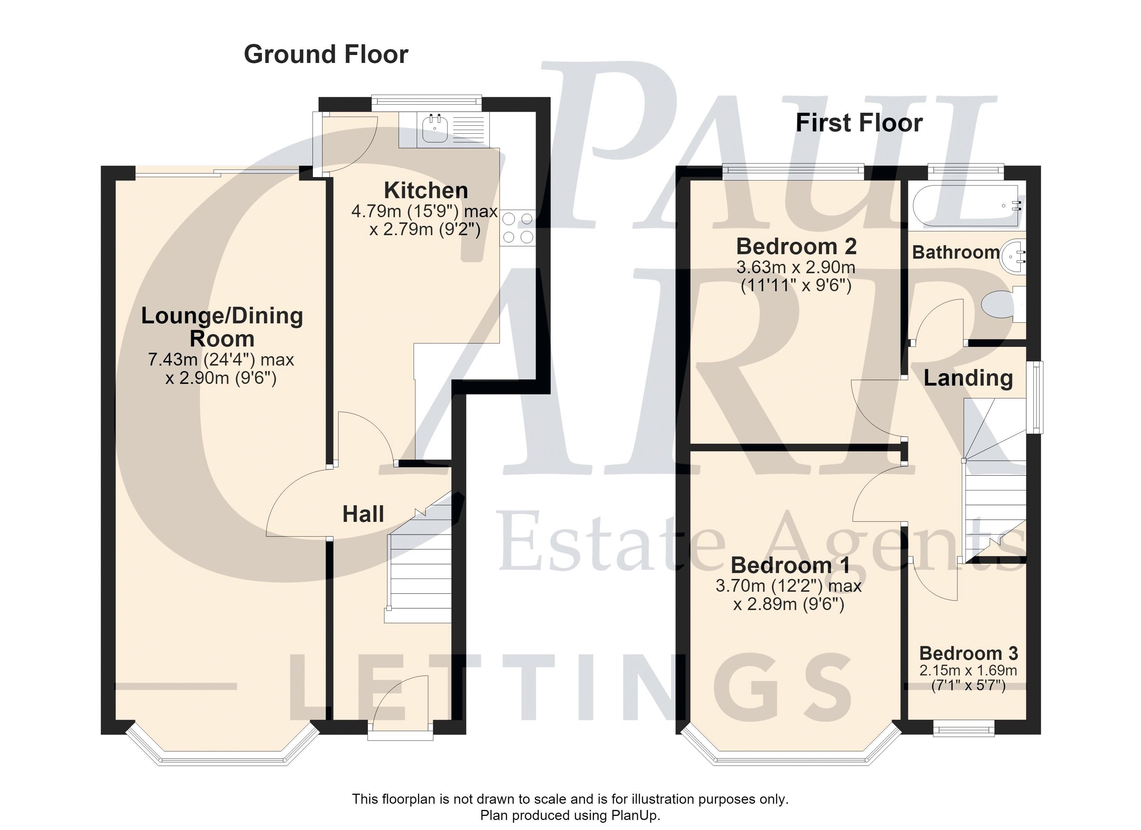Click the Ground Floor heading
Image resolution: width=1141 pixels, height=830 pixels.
(x=326, y=54)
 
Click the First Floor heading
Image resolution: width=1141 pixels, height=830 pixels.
(x=859, y=123)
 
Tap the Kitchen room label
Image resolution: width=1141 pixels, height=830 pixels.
(x=426, y=190)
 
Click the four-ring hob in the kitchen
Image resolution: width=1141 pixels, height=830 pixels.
(x=518, y=228)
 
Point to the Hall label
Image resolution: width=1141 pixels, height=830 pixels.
(x=363, y=514)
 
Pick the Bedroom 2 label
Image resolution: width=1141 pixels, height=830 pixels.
(x=796, y=246)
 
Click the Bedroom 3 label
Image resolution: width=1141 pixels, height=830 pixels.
(x=968, y=653)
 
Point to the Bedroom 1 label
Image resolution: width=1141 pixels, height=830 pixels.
(x=790, y=565)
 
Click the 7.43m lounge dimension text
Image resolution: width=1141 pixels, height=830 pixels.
(x=221, y=368)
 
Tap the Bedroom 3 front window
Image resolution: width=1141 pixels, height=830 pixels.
(x=964, y=728)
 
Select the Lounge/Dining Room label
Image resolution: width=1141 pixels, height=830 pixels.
(x=222, y=327)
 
